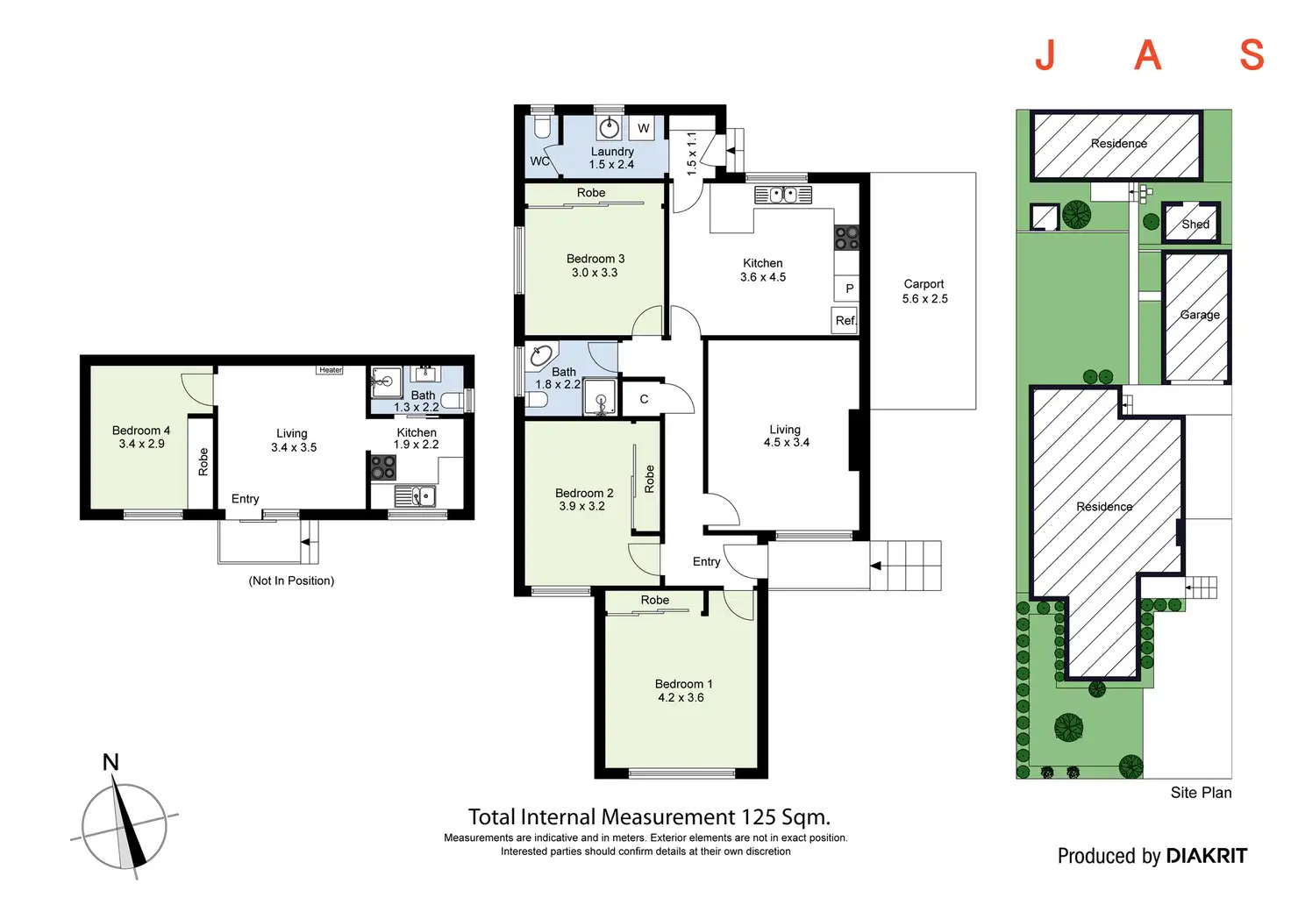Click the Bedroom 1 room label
683,691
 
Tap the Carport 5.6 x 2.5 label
924,291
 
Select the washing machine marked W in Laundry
643,128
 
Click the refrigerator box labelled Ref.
845,320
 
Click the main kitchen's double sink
783,195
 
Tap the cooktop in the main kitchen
846,237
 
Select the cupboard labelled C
644,398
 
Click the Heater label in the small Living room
331,370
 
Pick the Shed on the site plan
1191,222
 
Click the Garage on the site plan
1196,316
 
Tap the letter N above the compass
111,762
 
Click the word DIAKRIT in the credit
1207,856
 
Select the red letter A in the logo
1147,56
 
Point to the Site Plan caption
1201,793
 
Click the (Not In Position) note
291,581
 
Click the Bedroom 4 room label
141,437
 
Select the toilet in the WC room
542,127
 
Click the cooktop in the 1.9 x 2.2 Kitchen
383,467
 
